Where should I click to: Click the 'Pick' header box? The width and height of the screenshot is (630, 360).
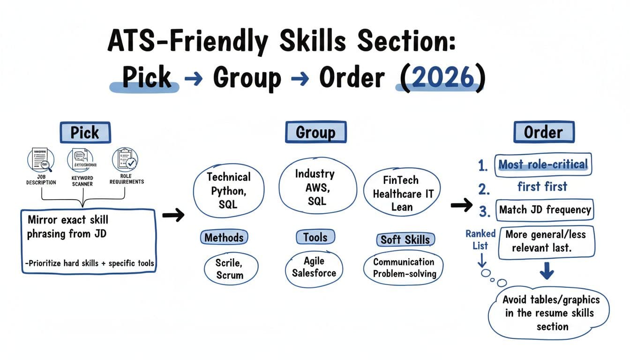pyautogui.click(x=85, y=132)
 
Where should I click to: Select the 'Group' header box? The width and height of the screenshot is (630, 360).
pyautogui.click(x=315, y=132)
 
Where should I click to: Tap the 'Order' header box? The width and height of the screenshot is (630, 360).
pyautogui.click(x=543, y=132)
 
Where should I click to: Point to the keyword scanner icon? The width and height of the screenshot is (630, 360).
pyautogui.click(x=82, y=161)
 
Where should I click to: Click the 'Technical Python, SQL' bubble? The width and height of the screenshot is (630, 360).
pyautogui.click(x=229, y=190)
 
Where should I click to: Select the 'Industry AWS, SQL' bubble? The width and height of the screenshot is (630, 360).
pyautogui.click(x=315, y=187)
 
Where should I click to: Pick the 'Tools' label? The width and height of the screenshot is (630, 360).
pyautogui.click(x=315, y=237)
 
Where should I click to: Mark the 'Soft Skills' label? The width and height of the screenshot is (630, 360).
pyautogui.click(x=405, y=240)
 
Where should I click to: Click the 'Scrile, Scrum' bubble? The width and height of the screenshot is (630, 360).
pyautogui.click(x=230, y=269)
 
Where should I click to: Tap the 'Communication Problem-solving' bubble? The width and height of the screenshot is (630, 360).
pyautogui.click(x=404, y=268)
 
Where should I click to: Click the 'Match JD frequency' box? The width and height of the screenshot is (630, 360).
pyautogui.click(x=544, y=210)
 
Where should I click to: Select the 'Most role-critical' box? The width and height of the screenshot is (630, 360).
pyautogui.click(x=542, y=165)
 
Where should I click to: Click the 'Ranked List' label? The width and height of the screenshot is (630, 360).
pyautogui.click(x=480, y=240)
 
